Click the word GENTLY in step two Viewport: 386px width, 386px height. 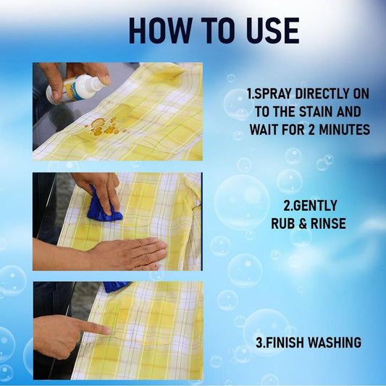pyautogui.click(x=309, y=206)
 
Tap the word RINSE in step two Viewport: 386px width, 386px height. pyautogui.click(x=326, y=223)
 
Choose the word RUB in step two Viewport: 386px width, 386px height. pyautogui.click(x=282, y=223)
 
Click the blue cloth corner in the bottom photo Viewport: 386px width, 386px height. pyautogui.click(x=116, y=287)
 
